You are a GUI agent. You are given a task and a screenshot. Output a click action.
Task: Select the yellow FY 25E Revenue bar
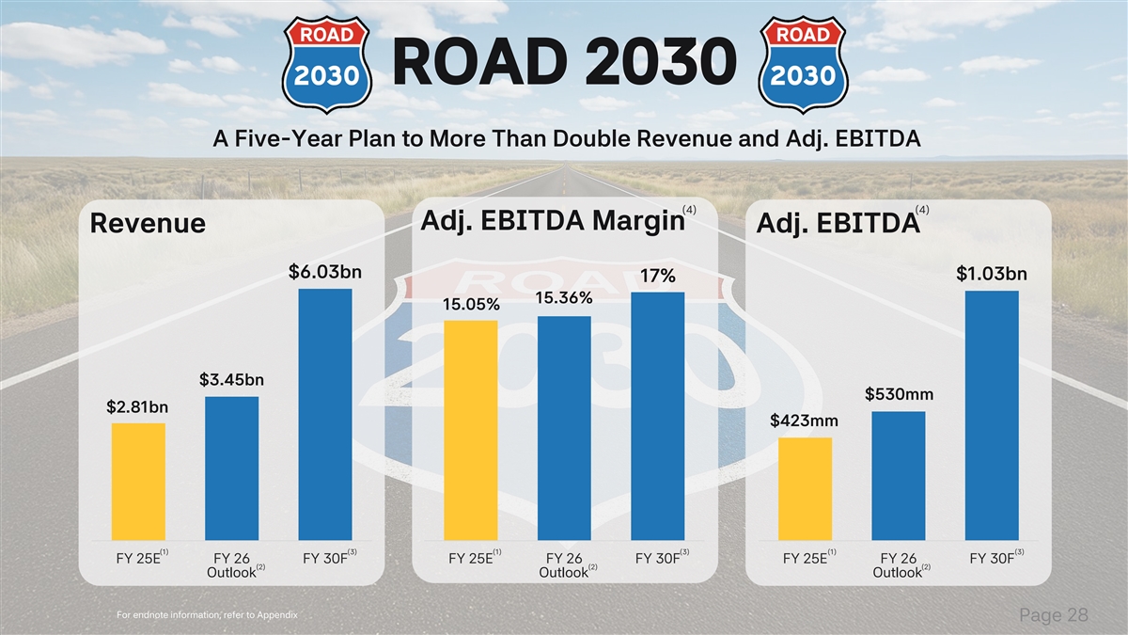pyautogui.click(x=138, y=482)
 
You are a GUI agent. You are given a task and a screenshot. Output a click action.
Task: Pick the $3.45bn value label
pyautogui.click(x=231, y=380)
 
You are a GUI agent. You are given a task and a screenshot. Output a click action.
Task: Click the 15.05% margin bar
pyautogui.click(x=471, y=430)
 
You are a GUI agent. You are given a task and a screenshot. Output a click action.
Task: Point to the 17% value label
pyautogui.click(x=658, y=277)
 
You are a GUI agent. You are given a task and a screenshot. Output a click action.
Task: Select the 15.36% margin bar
pyautogui.click(x=564, y=428)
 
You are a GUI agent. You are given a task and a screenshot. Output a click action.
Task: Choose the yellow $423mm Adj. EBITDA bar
pyautogui.click(x=805, y=489)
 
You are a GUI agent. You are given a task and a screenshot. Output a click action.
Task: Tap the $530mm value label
pyautogui.click(x=898, y=393)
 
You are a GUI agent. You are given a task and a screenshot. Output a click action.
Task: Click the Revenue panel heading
pyautogui.click(x=147, y=224)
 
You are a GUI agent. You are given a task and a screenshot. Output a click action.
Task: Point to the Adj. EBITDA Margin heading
pyautogui.click(x=551, y=220)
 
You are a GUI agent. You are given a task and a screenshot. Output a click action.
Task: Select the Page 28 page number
pyautogui.click(x=1054, y=615)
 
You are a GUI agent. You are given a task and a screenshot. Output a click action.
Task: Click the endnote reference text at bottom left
pyautogui.click(x=207, y=615)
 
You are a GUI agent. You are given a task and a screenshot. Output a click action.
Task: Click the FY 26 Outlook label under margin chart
pyautogui.click(x=565, y=564)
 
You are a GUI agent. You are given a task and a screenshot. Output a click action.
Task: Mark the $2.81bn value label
pyautogui.click(x=137, y=407)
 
